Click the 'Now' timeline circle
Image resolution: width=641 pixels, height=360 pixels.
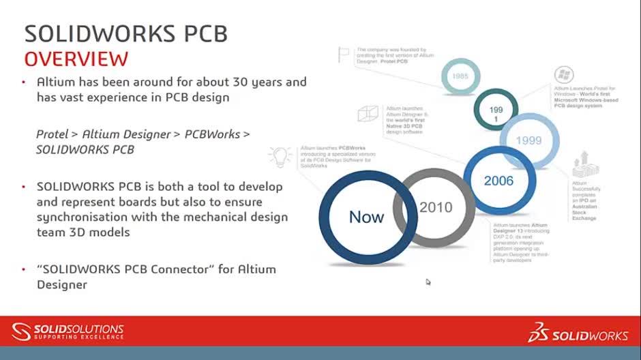[366, 217]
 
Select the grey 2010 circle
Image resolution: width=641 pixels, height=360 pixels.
[434, 207]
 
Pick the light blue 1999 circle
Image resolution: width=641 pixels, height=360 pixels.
[529, 140]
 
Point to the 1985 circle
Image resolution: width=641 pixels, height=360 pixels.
[460, 76]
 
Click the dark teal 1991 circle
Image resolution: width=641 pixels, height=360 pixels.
[496, 114]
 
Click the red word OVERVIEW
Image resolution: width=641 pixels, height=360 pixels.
[76, 58]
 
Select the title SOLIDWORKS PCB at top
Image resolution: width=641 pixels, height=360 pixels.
[125, 33]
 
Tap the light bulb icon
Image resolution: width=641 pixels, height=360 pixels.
[280, 156]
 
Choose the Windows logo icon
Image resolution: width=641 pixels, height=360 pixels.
[564, 75]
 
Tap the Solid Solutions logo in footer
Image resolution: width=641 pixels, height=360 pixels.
[68, 332]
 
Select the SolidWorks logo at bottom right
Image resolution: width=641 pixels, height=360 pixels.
[578, 334]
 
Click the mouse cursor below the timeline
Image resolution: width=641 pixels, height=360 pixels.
[428, 282]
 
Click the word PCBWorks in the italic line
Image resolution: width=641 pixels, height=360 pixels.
[212, 134]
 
